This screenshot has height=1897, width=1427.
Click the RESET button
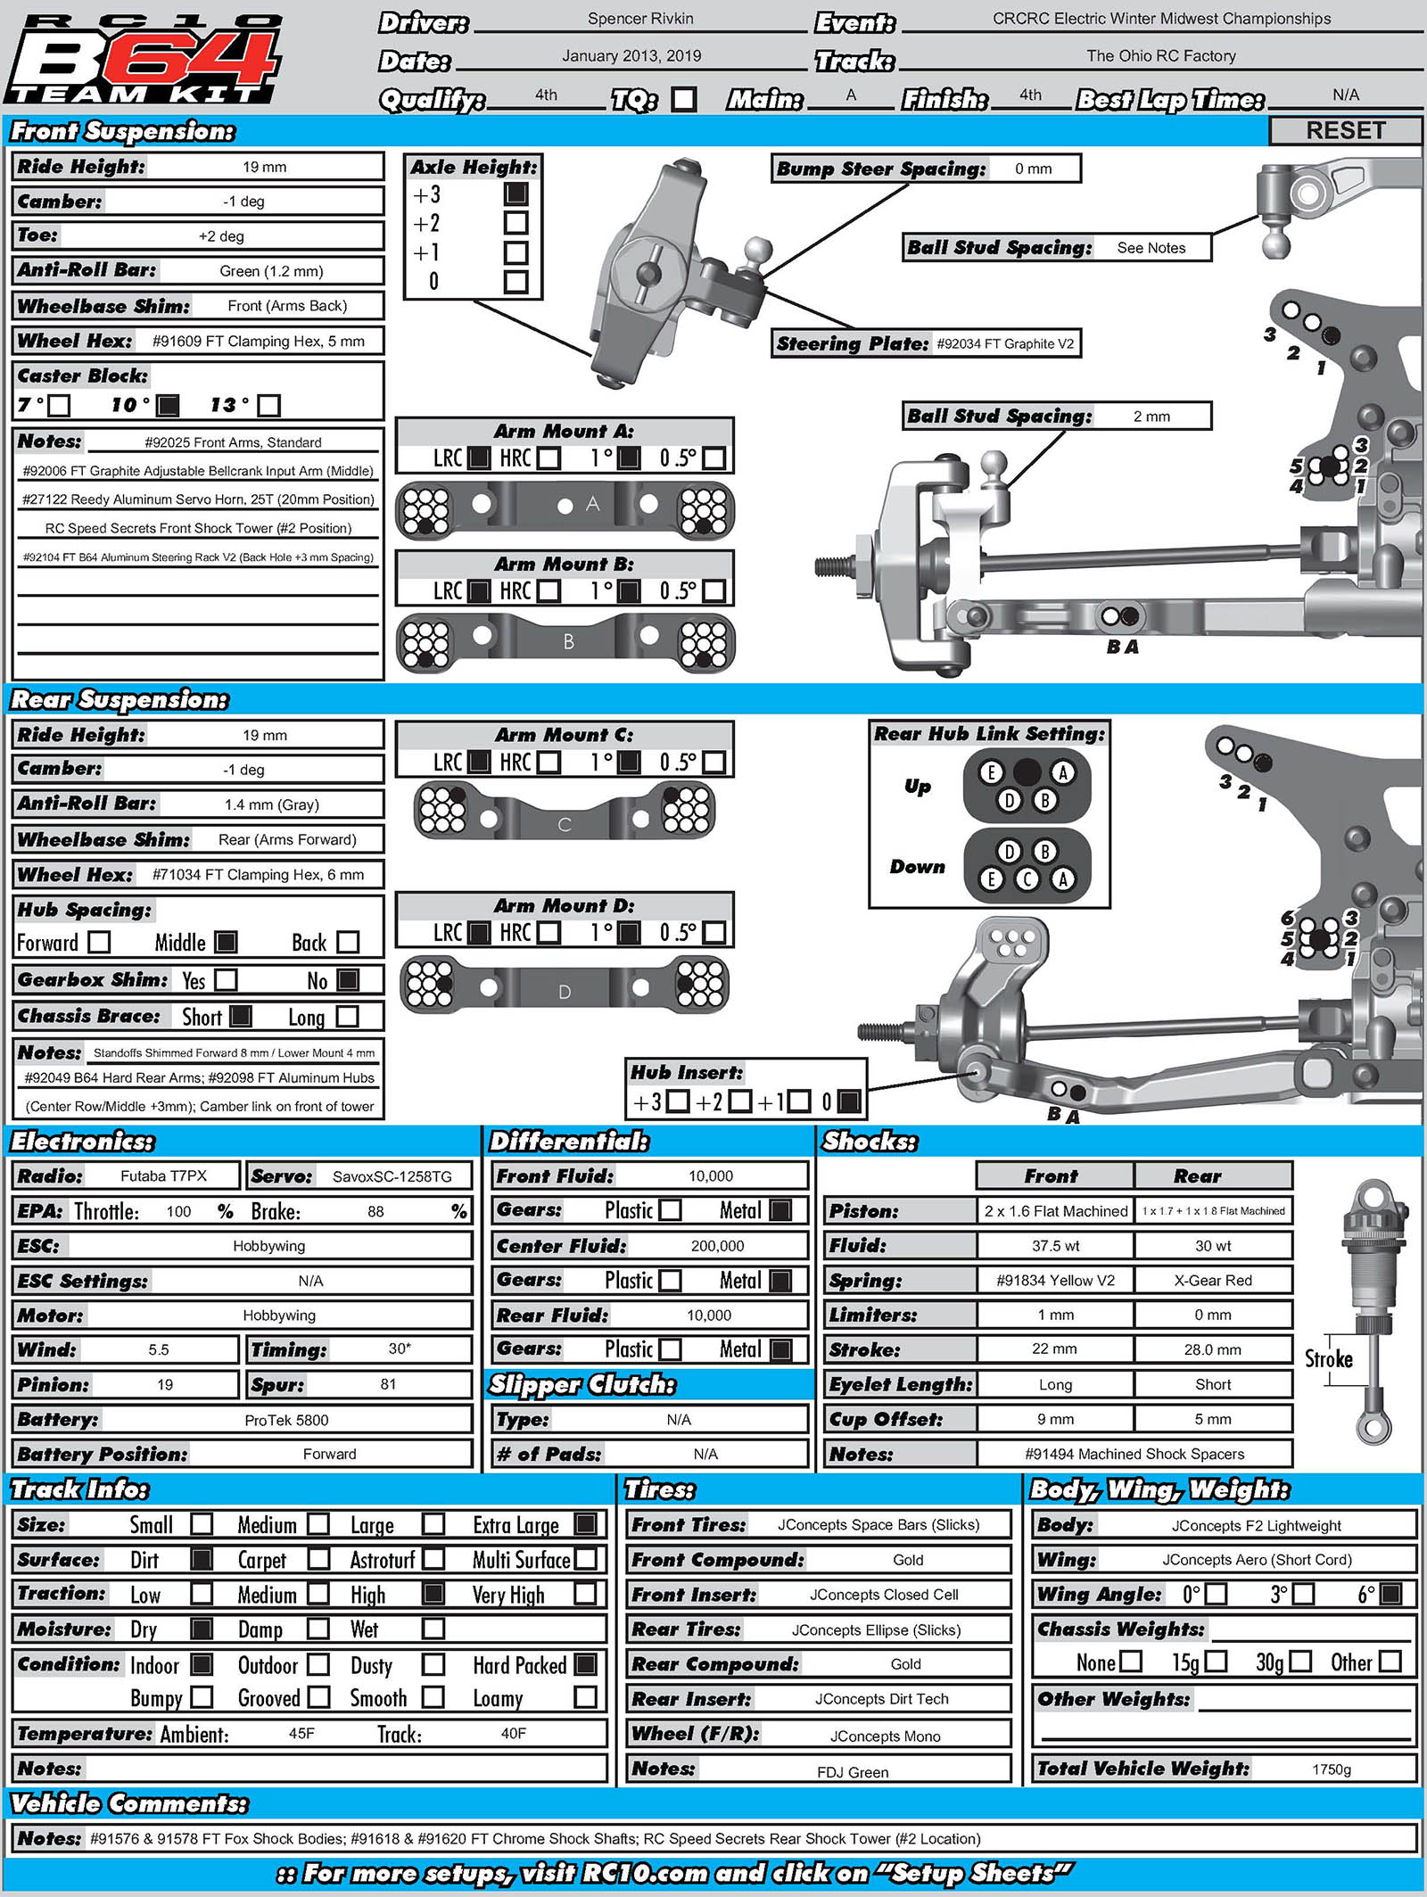[x=1345, y=130]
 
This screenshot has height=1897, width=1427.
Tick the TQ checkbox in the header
[x=684, y=98]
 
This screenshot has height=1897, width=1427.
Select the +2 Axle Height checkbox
[x=516, y=223]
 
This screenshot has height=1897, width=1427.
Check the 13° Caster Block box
[x=268, y=406]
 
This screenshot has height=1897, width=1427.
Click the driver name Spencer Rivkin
[x=640, y=19]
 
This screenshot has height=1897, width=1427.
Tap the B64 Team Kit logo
[x=143, y=58]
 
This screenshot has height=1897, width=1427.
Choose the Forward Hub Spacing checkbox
[x=100, y=942]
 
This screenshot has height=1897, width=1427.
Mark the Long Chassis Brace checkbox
[x=348, y=1017]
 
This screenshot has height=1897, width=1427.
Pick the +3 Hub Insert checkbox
[x=678, y=1101]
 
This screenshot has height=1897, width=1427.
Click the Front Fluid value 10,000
[x=710, y=1176]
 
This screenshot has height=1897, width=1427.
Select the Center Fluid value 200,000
[x=717, y=1246]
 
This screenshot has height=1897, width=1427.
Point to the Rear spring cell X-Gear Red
[x=1213, y=1281]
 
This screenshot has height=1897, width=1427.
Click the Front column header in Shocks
[x=1052, y=1176]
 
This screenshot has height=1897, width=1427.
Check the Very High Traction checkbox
[x=586, y=1594]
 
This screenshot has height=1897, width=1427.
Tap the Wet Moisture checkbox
[x=433, y=1629]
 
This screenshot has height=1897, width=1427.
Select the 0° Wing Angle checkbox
[x=1216, y=1594]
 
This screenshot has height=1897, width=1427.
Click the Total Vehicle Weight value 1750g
[x=1332, y=1769]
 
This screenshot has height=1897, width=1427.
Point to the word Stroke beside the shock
[x=1328, y=1360]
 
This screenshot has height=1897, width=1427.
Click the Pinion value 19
[x=165, y=1385]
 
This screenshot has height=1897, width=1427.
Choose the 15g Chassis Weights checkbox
[x=1216, y=1662]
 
